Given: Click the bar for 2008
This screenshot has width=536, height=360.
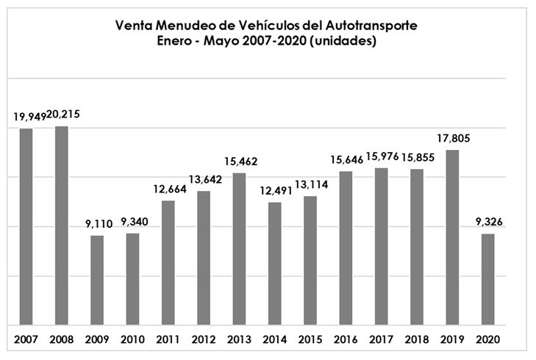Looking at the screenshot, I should click(x=62, y=226).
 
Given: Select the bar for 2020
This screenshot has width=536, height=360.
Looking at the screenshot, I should click(x=487, y=279).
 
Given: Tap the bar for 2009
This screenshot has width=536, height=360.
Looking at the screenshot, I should click(x=97, y=280).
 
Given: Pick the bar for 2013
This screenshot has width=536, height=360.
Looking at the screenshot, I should click(x=239, y=248).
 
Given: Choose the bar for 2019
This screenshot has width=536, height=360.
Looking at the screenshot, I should click(x=452, y=237).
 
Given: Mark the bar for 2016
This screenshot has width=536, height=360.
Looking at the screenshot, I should click(x=346, y=248).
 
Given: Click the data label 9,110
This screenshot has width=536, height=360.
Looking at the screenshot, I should click(x=97, y=222).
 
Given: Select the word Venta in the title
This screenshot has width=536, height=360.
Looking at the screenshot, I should click(x=132, y=26).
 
